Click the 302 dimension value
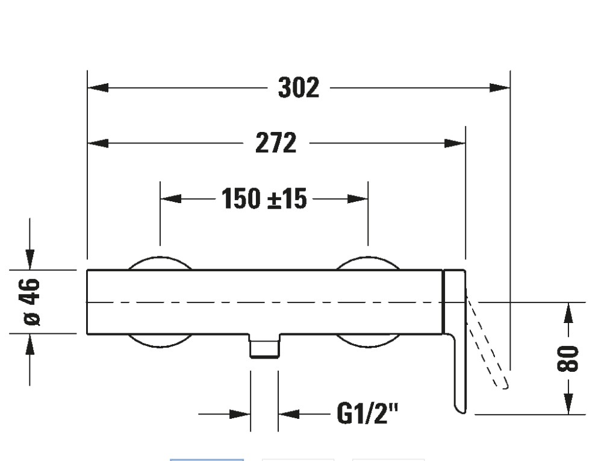pos(299,88)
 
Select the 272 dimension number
pos(276,143)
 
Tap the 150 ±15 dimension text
pos(264,198)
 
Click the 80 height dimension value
pos(568,359)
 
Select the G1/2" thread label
pos(368,414)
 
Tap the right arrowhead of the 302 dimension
pos(500,88)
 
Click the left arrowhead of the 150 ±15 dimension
pos(170,198)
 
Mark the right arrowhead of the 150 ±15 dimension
pos(358,198)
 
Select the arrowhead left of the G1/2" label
pos(240,414)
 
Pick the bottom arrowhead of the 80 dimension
pos(568,404)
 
